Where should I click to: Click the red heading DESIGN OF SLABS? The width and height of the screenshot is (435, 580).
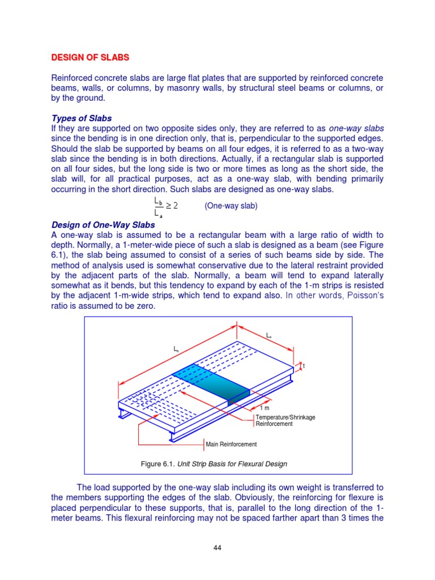point(91,57)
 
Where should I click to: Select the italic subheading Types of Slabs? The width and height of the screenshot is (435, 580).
point(82,118)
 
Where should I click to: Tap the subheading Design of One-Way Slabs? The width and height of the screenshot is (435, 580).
point(103,225)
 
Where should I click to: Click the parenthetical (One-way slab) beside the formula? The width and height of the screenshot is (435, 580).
point(231,206)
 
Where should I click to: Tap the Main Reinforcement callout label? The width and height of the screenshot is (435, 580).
point(231,444)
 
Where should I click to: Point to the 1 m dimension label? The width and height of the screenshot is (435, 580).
point(265,408)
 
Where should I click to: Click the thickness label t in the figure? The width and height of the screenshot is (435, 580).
point(304,366)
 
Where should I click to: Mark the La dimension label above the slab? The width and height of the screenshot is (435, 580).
point(268,335)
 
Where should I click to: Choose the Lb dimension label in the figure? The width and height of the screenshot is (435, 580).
point(176,349)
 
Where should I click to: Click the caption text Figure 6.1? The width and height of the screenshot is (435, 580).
point(157,464)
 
